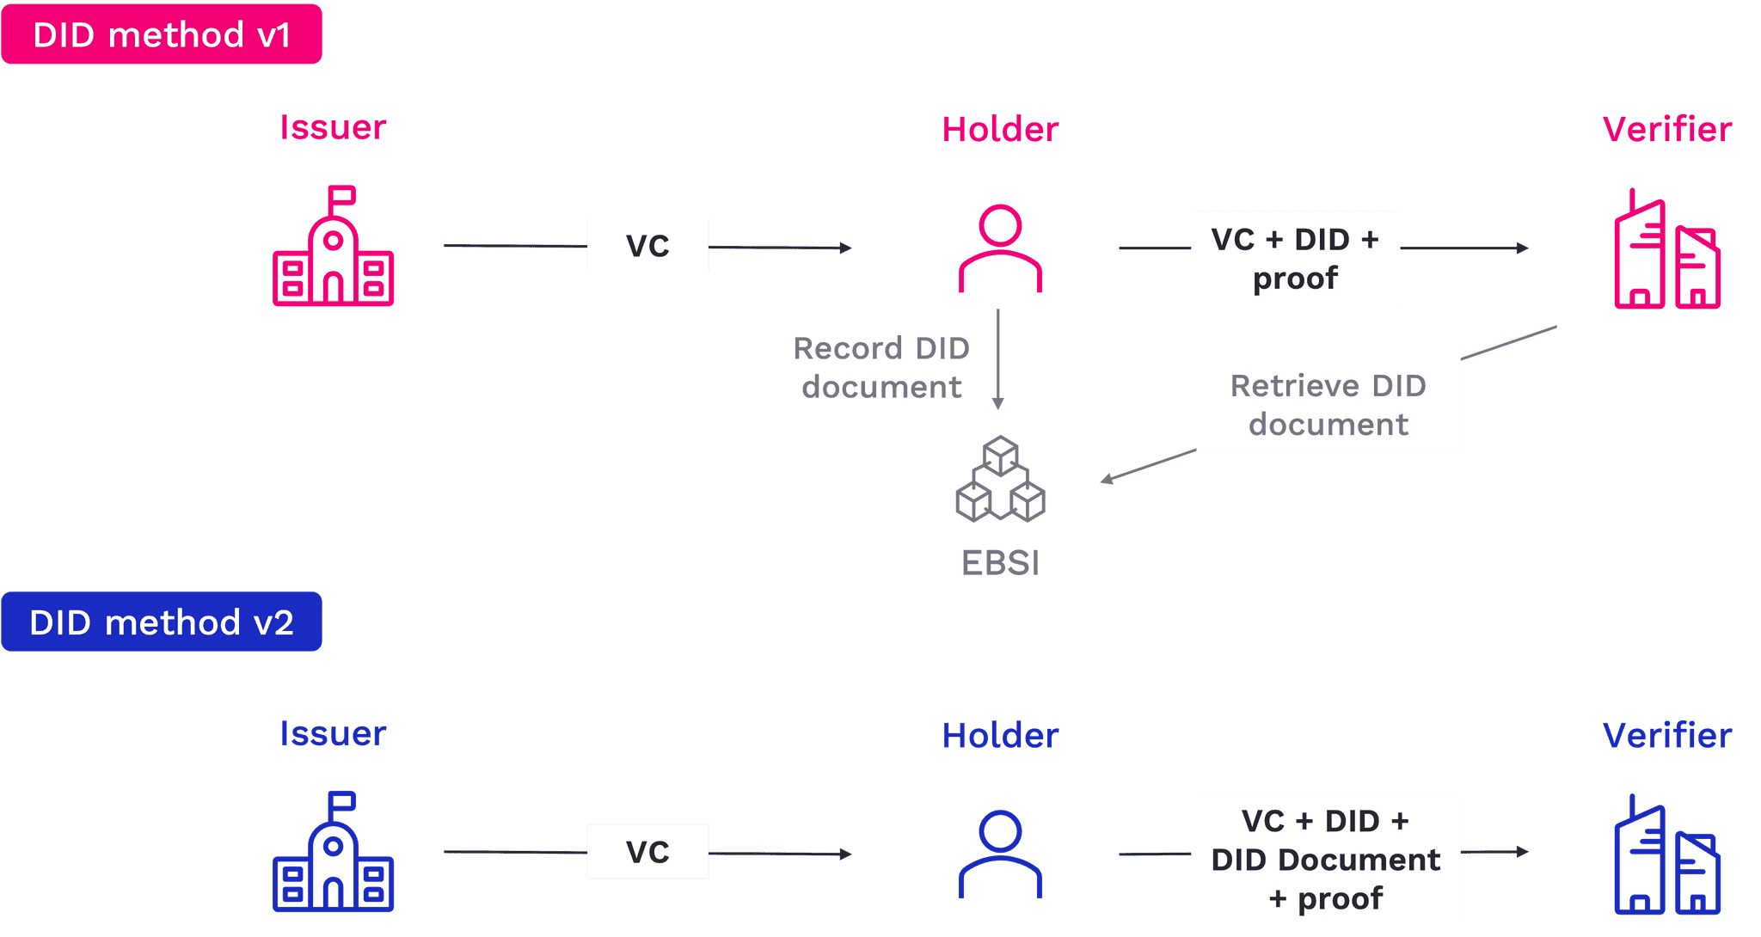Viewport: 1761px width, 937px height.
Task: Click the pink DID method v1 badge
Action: pyautogui.click(x=162, y=34)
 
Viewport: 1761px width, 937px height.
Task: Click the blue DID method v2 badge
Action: pyautogui.click(x=162, y=622)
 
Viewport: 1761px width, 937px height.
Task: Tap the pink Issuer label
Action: pyautogui.click(x=333, y=127)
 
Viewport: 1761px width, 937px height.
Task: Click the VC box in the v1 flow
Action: pyautogui.click(x=647, y=246)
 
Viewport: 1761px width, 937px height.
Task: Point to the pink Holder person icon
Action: pyautogui.click(x=1000, y=248)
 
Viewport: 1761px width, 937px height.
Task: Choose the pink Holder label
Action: pyautogui.click(x=1000, y=130)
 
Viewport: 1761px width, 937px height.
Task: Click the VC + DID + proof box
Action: pyautogui.click(x=1295, y=258)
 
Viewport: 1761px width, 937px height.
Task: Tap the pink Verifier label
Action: pyautogui.click(x=1667, y=130)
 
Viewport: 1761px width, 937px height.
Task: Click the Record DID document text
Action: pyautogui.click(x=881, y=367)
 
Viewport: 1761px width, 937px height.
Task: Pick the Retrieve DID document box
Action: pyautogui.click(x=1328, y=404)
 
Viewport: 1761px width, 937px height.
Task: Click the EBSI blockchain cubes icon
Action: pyautogui.click(x=1000, y=479)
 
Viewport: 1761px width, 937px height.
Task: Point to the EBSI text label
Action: pyautogui.click(x=1000, y=563)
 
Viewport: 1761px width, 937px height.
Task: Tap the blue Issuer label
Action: pyautogui.click(x=333, y=733)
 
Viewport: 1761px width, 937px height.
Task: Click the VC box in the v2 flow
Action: pyautogui.click(x=647, y=851)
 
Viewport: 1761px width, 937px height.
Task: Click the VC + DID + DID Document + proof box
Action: pyautogui.click(x=1325, y=859)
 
